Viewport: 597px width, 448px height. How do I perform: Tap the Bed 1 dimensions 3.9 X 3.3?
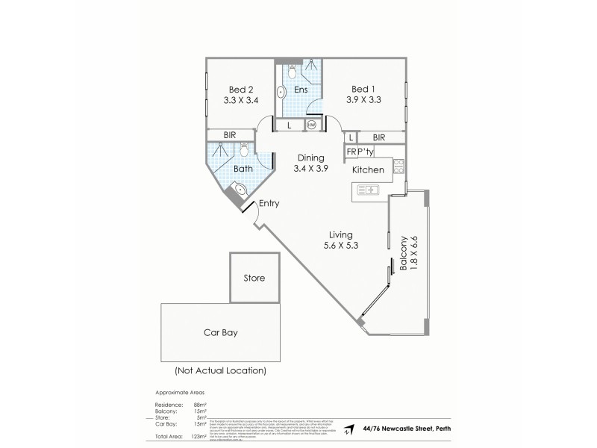click(x=364, y=99)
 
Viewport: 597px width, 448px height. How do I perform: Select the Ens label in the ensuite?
click(x=301, y=90)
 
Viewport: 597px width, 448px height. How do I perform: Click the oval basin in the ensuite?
click(x=281, y=93)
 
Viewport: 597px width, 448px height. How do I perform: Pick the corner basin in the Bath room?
click(x=238, y=194)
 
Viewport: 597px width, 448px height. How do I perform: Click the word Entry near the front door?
click(x=269, y=203)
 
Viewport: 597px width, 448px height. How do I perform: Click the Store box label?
click(x=254, y=279)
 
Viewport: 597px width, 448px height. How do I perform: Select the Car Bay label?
click(x=220, y=332)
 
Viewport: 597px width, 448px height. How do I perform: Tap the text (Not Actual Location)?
click(x=220, y=370)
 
